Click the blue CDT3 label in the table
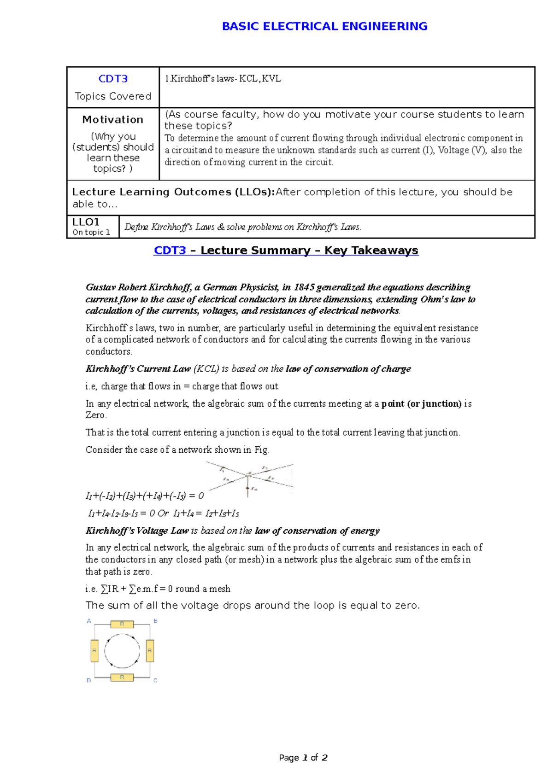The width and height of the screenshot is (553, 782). point(113,79)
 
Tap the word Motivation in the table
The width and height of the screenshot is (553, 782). point(113,120)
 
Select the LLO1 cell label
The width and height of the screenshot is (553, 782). point(86,222)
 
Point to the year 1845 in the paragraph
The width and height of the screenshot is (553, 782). point(304,287)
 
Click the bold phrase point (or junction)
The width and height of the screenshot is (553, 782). point(421,404)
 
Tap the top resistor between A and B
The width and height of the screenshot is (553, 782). point(122,624)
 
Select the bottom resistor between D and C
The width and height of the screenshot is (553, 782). point(122,677)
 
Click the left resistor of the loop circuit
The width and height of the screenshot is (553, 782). point(94,651)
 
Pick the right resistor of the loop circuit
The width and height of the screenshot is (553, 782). point(150,651)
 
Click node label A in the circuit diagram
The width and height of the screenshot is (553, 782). point(89,621)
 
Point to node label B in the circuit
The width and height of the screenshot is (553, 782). point(155,621)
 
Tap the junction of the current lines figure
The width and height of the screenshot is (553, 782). point(248,474)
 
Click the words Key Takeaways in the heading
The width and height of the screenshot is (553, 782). point(371,251)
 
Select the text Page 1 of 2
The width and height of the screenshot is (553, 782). point(303,758)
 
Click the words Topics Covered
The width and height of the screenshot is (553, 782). point(113,96)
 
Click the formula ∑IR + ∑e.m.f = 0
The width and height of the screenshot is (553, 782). point(136,589)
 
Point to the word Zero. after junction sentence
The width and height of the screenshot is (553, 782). point(96,415)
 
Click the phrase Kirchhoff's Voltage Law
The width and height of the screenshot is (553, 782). point(137,531)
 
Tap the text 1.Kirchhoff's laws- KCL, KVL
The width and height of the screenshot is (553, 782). point(223,79)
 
